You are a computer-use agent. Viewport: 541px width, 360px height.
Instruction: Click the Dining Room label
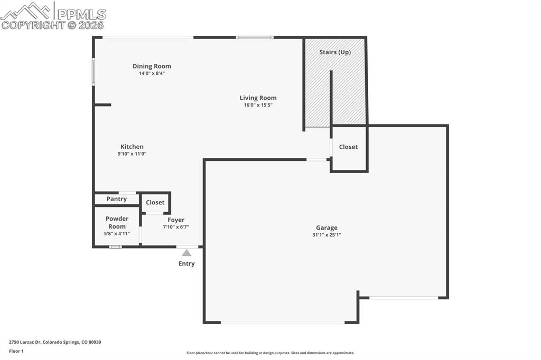pos(152,66)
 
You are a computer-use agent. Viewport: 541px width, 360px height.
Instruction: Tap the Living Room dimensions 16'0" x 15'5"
pos(258,105)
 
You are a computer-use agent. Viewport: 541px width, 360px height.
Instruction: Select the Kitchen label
pos(132,147)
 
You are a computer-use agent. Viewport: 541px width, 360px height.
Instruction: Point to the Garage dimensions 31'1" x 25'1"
pos(327,235)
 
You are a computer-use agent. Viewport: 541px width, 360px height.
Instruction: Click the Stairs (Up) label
pos(335,52)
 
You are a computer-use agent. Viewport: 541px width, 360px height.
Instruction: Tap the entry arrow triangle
pos(186,253)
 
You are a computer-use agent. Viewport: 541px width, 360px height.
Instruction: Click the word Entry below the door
pos(186,263)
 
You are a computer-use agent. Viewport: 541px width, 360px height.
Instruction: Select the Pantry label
pos(116,199)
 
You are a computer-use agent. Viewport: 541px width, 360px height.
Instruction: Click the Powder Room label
pos(117,222)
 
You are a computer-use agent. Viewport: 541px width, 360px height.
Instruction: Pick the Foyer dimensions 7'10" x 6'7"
pos(176,227)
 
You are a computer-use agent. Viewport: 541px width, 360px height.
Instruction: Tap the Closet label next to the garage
pos(348,147)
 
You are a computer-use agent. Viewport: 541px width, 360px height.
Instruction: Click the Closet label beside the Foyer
pos(155,202)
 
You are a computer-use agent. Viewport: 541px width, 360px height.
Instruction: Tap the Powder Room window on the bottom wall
pos(115,247)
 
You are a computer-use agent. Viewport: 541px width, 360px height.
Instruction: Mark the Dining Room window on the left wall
pos(94,72)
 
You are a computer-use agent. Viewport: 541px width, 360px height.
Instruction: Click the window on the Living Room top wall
pos(254,37)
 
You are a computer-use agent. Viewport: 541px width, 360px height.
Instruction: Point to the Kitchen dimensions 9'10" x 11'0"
pos(132,154)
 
